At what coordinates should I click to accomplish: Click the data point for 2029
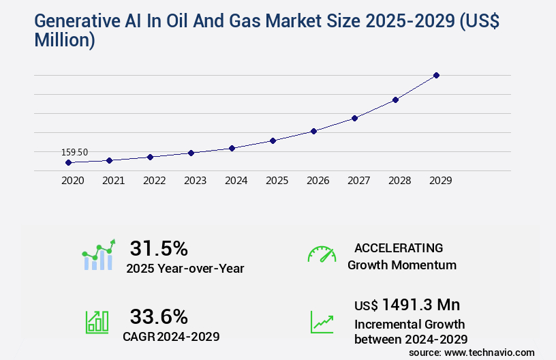point(436,75)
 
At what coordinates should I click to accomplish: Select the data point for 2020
point(68,162)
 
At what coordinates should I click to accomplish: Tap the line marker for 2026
point(313,131)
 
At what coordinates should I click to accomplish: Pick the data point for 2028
point(395,100)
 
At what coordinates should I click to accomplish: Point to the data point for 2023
point(191,153)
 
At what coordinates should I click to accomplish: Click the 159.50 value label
point(75,152)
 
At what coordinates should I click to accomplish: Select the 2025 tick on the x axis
point(277,181)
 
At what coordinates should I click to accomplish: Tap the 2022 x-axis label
point(154,181)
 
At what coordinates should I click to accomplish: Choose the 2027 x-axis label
point(358,181)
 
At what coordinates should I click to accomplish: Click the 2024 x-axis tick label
point(236,181)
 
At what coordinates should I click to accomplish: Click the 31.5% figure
point(159,248)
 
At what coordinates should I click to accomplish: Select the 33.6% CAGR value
point(159,316)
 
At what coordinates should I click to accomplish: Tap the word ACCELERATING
point(399,248)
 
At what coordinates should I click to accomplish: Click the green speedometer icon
point(322,254)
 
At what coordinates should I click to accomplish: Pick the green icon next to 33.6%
point(97,322)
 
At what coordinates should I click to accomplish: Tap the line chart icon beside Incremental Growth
point(322,322)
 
